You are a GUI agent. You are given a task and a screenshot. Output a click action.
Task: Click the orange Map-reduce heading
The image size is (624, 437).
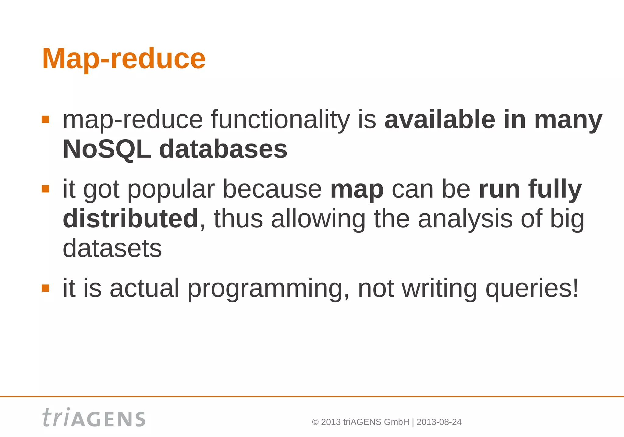click(124, 59)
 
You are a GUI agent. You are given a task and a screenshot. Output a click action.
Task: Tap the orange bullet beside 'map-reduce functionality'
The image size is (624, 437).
click(45, 119)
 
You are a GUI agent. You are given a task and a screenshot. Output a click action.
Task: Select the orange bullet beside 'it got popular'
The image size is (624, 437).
click(45, 189)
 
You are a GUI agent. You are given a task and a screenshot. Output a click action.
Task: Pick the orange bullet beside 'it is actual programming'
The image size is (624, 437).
click(45, 288)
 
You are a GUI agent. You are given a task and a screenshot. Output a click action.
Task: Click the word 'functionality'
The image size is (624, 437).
click(280, 119)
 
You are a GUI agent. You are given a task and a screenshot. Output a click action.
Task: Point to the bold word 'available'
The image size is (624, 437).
click(440, 119)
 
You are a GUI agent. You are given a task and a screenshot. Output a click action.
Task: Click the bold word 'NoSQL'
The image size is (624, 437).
click(107, 149)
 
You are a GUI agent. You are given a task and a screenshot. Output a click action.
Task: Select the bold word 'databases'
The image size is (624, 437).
click(223, 149)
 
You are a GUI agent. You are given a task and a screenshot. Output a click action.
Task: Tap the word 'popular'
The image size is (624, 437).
click(171, 190)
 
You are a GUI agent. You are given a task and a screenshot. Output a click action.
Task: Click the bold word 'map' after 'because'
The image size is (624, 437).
click(357, 190)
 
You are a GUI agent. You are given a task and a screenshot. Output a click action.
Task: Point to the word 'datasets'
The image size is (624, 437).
click(112, 248)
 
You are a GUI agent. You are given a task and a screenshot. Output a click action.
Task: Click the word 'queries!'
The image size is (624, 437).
click(532, 289)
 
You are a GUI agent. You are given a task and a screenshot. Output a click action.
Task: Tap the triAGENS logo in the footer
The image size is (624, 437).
click(94, 417)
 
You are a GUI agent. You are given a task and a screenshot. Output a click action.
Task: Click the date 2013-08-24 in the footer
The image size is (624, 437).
click(439, 422)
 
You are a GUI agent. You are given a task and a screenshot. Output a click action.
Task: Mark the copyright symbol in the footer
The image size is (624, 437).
click(315, 422)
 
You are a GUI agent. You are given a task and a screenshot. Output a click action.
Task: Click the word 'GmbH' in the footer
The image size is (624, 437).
click(396, 422)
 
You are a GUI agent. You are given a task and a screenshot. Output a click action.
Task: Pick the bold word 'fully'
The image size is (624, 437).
click(555, 190)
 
